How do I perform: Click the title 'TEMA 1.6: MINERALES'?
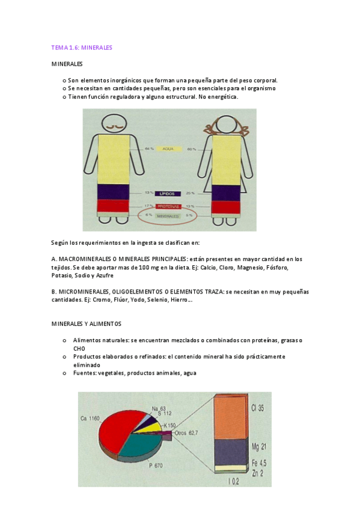82,47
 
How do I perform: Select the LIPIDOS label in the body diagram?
168,194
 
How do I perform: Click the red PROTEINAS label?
168,206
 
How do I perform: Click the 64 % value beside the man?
148,149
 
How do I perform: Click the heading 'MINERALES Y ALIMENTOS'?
87,324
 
